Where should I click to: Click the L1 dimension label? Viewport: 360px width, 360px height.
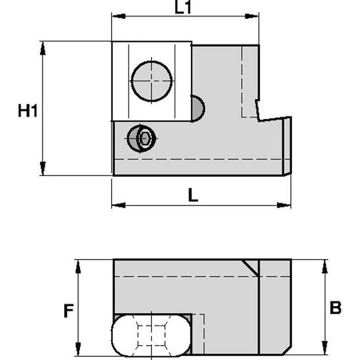point(183,7)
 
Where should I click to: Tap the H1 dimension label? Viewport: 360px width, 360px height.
point(27,110)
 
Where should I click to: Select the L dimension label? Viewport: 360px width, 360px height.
point(193,195)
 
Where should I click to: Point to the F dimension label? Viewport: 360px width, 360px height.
point(69,311)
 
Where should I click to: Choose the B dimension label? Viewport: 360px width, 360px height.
point(336,308)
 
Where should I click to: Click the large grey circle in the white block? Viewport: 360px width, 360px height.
point(152,81)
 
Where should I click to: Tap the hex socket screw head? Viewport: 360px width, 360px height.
point(141,139)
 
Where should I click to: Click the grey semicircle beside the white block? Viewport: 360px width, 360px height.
point(197,109)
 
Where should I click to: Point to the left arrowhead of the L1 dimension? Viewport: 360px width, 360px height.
point(118,16)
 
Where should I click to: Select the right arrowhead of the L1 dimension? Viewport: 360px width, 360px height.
point(252,16)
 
